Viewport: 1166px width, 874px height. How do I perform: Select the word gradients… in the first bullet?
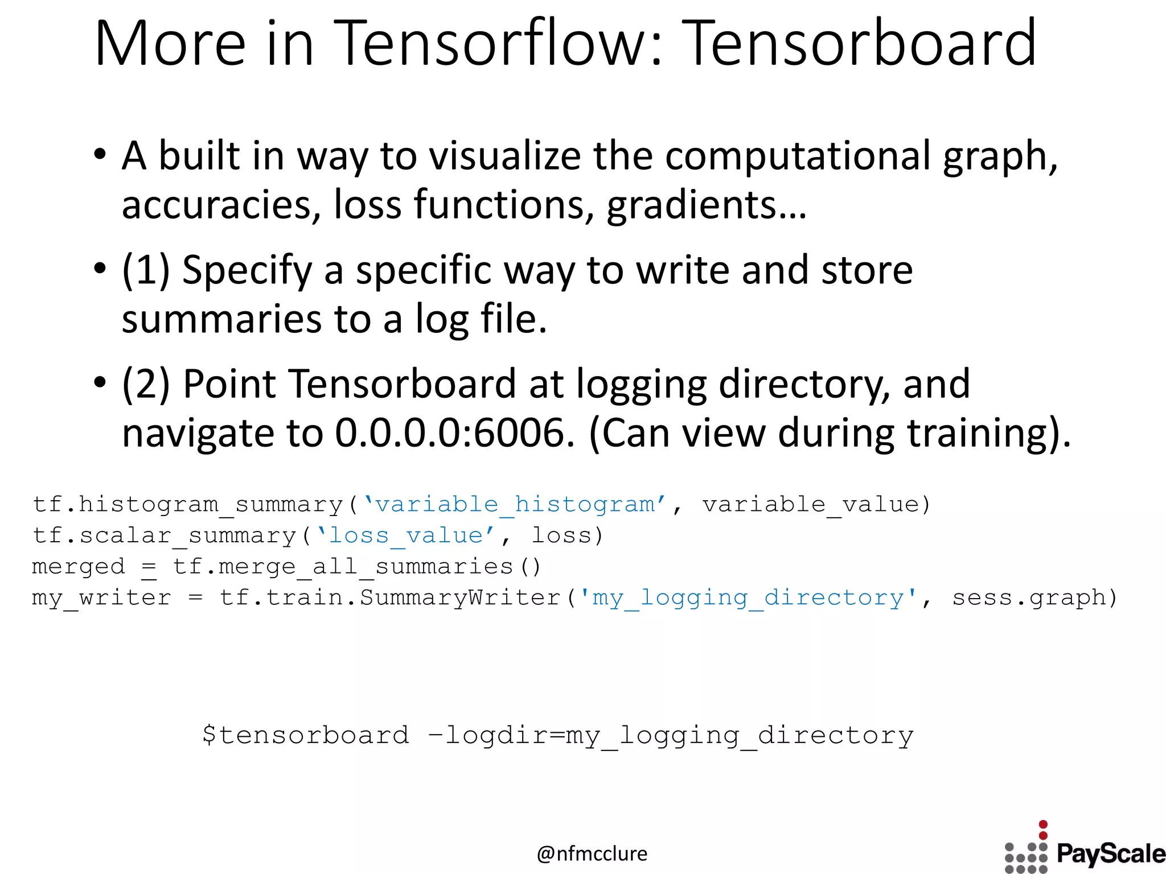click(707, 205)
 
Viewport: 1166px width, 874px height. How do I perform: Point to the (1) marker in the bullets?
click(146, 270)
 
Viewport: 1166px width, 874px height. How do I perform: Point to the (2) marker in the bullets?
click(146, 384)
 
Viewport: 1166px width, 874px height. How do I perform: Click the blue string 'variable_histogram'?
click(515, 505)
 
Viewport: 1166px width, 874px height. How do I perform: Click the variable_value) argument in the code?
click(816, 505)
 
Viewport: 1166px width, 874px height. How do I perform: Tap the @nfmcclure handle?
click(592, 854)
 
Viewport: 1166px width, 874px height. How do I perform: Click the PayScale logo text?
click(1111, 854)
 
